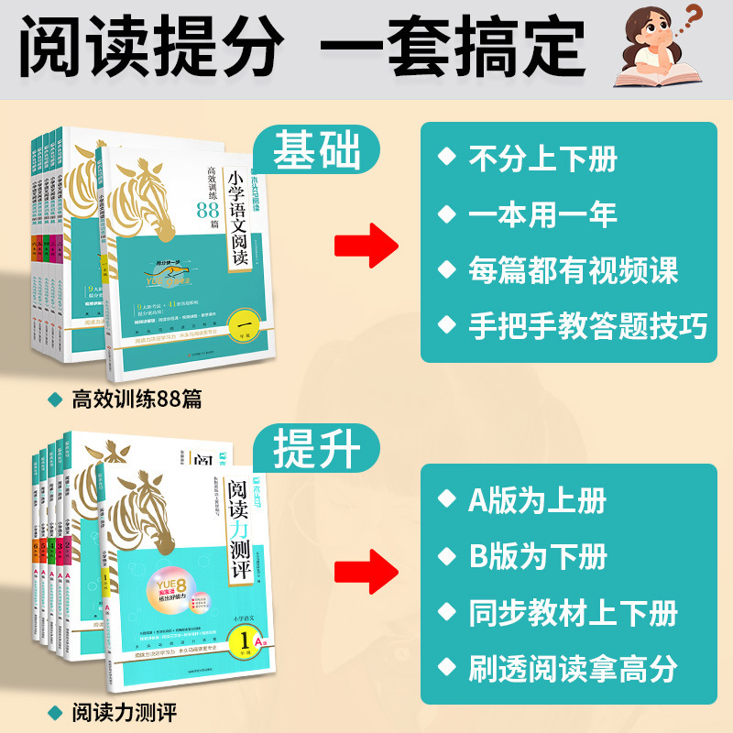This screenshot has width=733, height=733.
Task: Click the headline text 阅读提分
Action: pos(151,43)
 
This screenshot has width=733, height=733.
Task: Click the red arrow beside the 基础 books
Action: pos(364,246)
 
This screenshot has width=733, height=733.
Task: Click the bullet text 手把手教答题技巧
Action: pos(587,326)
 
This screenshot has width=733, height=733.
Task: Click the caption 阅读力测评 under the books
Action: pos(124,710)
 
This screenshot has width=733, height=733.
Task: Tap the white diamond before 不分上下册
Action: pos(446,159)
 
